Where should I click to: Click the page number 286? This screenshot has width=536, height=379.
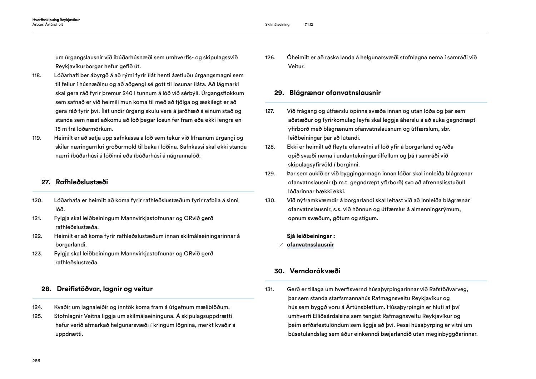36,361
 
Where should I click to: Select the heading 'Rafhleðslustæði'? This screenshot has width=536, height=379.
82,182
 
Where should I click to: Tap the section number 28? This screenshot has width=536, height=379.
46,289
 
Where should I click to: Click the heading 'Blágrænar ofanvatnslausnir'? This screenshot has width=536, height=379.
335,93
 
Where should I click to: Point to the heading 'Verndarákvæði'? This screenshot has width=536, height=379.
315,271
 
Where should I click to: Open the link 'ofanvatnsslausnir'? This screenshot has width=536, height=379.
310,245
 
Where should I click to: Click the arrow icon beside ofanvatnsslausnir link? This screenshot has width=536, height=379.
281,245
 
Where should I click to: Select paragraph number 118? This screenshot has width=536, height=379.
37,75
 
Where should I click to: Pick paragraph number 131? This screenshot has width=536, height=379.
269,289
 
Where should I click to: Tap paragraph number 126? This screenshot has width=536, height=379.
270,58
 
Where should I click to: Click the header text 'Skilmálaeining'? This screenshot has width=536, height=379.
277,25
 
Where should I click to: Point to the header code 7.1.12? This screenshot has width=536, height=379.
309,25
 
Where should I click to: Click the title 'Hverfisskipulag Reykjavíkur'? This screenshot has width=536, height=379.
56,20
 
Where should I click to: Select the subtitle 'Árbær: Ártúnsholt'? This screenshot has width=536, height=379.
48,24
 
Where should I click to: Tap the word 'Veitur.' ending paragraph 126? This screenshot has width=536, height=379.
296,66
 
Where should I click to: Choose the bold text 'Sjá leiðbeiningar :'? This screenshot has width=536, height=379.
311,236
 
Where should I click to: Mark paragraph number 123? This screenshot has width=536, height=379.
37,254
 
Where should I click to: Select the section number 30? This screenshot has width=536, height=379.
279,271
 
